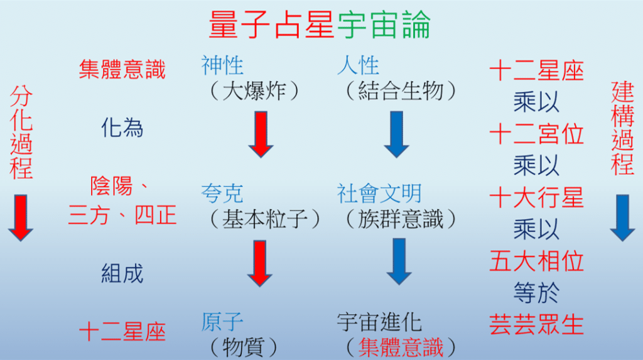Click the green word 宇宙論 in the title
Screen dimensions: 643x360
point(384,25)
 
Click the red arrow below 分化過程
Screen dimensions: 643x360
point(21,218)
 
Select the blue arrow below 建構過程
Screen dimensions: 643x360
point(622,218)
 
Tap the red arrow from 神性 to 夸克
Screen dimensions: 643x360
point(261,134)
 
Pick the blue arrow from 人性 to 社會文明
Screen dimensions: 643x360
point(396,134)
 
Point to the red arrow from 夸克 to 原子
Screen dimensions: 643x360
point(259,263)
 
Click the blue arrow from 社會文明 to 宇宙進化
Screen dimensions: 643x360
point(399,262)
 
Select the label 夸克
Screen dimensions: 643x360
point(222,194)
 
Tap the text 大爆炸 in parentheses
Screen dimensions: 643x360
point(254,91)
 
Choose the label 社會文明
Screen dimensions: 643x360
point(379,194)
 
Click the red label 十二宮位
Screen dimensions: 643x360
point(536,134)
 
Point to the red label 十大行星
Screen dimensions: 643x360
point(536,197)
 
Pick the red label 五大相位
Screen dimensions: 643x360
point(536,261)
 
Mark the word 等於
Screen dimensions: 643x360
point(536,293)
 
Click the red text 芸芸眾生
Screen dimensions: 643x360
point(536,325)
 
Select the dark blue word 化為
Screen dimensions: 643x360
point(122,128)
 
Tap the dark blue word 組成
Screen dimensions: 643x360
point(122,274)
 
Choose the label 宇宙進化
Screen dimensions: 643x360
point(379,322)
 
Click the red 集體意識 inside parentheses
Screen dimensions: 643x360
point(401,347)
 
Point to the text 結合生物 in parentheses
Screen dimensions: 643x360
point(401,91)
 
